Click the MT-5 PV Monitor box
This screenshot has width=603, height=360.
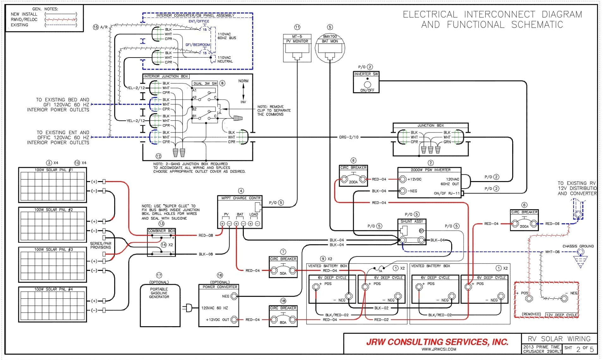297,48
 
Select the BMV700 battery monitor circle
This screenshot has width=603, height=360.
330,48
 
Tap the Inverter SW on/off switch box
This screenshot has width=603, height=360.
366,82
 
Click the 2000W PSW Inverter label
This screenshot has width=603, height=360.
430,170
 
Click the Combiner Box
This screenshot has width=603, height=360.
161,242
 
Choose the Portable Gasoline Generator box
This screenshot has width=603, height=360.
160,305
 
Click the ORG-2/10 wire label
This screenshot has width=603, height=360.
348,137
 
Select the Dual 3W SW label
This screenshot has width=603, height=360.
205,83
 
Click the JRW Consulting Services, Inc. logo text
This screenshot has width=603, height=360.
437,342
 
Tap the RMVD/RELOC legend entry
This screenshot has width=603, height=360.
24,20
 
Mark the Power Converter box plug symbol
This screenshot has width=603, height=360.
188,308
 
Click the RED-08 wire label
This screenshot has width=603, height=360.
206,235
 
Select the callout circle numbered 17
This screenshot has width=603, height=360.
159,275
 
